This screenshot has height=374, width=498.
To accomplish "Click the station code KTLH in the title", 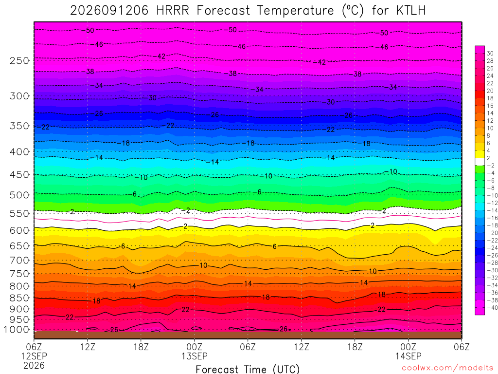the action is click(x=410, y=11).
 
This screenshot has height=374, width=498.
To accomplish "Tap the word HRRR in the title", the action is click(x=173, y=11).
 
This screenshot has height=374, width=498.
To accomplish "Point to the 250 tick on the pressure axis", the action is click(x=19, y=60).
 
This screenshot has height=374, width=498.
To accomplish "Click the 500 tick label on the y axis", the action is click(x=19, y=195).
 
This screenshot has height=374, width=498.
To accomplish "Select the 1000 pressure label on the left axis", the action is click(x=17, y=330).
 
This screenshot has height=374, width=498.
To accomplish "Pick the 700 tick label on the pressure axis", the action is click(x=19, y=261).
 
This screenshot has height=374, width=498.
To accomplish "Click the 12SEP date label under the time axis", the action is click(x=34, y=356).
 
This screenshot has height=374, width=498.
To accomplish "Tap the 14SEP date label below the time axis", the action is click(x=408, y=356).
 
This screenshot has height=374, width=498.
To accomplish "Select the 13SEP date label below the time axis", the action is click(x=195, y=356).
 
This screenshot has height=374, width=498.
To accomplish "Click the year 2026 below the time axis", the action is click(x=34, y=365).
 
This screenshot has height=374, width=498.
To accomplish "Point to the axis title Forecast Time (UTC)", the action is click(x=248, y=369).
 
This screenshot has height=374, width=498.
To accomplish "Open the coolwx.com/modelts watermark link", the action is click(x=447, y=368).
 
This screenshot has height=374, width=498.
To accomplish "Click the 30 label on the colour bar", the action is click(x=490, y=54).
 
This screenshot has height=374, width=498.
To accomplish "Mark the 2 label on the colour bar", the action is click(x=488, y=158).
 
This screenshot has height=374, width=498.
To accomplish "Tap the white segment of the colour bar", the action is click(x=480, y=162).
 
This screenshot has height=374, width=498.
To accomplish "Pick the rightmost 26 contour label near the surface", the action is click(x=284, y=329).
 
